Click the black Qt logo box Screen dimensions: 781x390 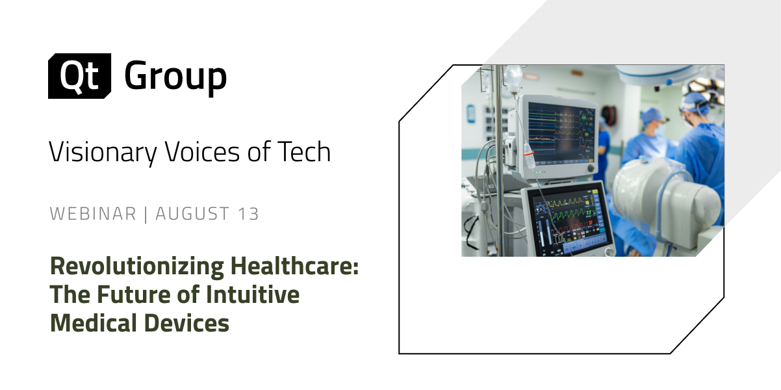pyautogui.click(x=79, y=75)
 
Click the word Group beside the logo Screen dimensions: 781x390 pyautogui.click(x=175, y=77)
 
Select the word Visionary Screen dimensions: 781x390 pyautogui.click(x=103, y=153)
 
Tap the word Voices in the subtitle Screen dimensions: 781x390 pyautogui.click(x=202, y=151)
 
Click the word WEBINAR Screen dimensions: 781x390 pyautogui.click(x=93, y=214)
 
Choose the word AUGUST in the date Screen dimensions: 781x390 pyautogui.click(x=192, y=214)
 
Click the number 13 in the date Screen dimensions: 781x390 pyautogui.click(x=249, y=214)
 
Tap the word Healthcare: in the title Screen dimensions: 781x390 pyautogui.click(x=294, y=266)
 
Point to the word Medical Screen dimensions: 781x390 pyautogui.click(x=94, y=322)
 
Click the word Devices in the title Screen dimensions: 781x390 pyautogui.click(x=186, y=322)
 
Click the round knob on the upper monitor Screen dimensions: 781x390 pyautogui.click(x=591, y=168)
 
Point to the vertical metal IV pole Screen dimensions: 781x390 pyautogui.click(x=499, y=161)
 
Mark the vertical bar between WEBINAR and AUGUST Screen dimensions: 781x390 pyautogui.click(x=146, y=214)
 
